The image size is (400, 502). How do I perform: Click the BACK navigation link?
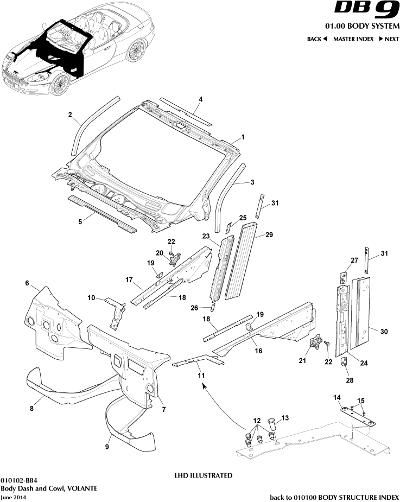coord(317,39)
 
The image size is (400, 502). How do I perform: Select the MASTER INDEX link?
coord(352,39)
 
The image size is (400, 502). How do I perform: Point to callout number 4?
coord(200,99)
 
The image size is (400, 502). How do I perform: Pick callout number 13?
coord(285,418)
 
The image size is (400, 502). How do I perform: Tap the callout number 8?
coord(32,409)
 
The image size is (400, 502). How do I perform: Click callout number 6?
coord(27,283)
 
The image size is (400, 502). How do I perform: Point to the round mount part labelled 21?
coord(314,344)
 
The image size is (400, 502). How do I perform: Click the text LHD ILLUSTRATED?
coord(203,475)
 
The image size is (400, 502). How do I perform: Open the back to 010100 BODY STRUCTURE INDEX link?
coord(334,497)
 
